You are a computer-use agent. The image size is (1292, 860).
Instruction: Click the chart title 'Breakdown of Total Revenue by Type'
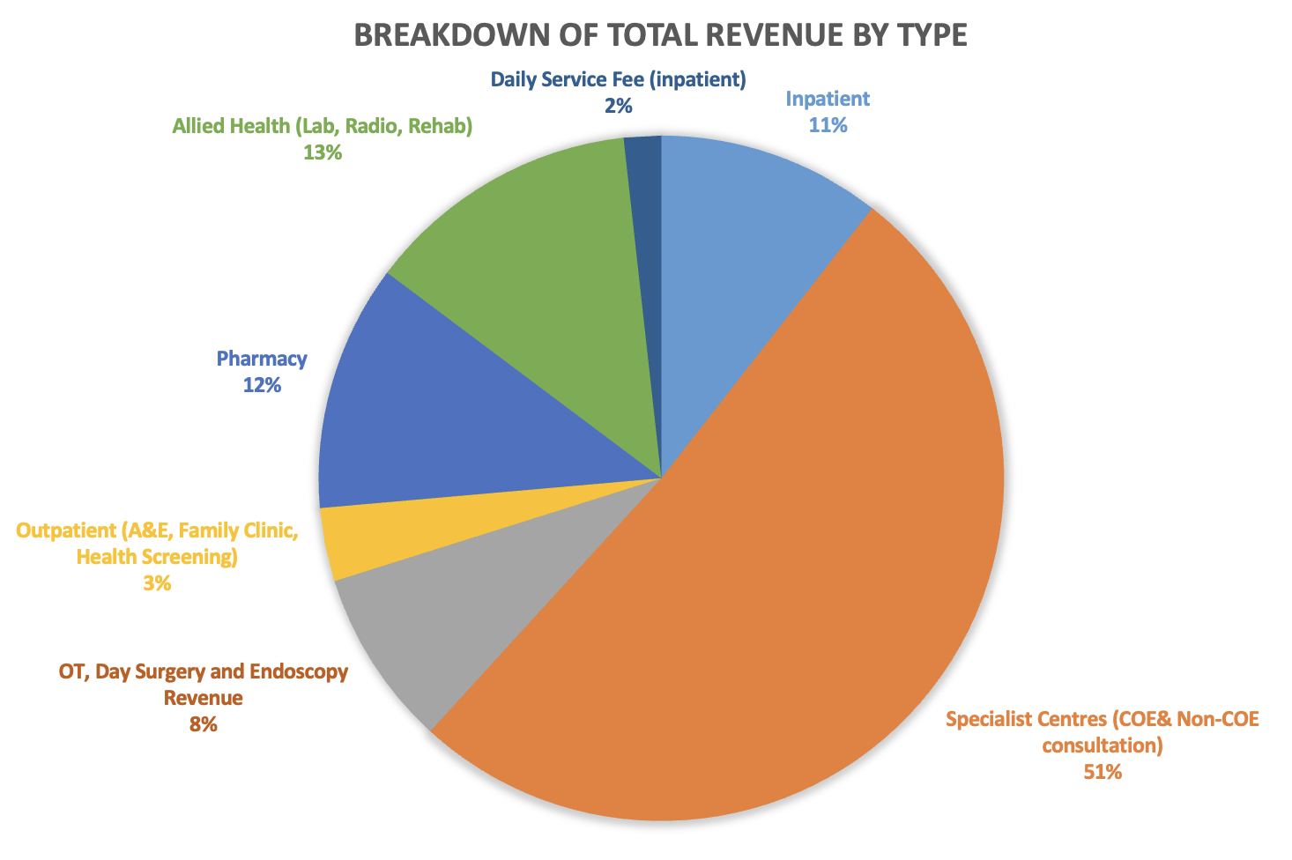pos(660,35)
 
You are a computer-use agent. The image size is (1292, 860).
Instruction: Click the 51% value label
pos(1103,773)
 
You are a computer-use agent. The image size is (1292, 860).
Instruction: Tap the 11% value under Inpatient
pos(828,125)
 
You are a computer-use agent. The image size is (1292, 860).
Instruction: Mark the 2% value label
pos(618,106)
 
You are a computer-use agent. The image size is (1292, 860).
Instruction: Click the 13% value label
pos(322,152)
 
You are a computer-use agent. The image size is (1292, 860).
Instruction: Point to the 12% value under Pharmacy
pos(262,385)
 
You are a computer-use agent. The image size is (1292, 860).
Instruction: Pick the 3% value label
pos(157,583)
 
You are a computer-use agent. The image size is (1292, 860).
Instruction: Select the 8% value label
pos(203,725)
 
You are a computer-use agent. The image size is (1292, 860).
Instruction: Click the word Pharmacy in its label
pos(262,359)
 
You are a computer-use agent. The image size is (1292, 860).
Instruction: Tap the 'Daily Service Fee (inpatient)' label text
pos(618,79)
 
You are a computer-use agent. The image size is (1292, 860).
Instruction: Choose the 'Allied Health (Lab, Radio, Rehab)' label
pos(323,126)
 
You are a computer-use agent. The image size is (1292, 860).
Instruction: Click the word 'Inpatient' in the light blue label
pos(828,99)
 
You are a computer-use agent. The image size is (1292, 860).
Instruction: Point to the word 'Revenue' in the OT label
pos(203,699)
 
